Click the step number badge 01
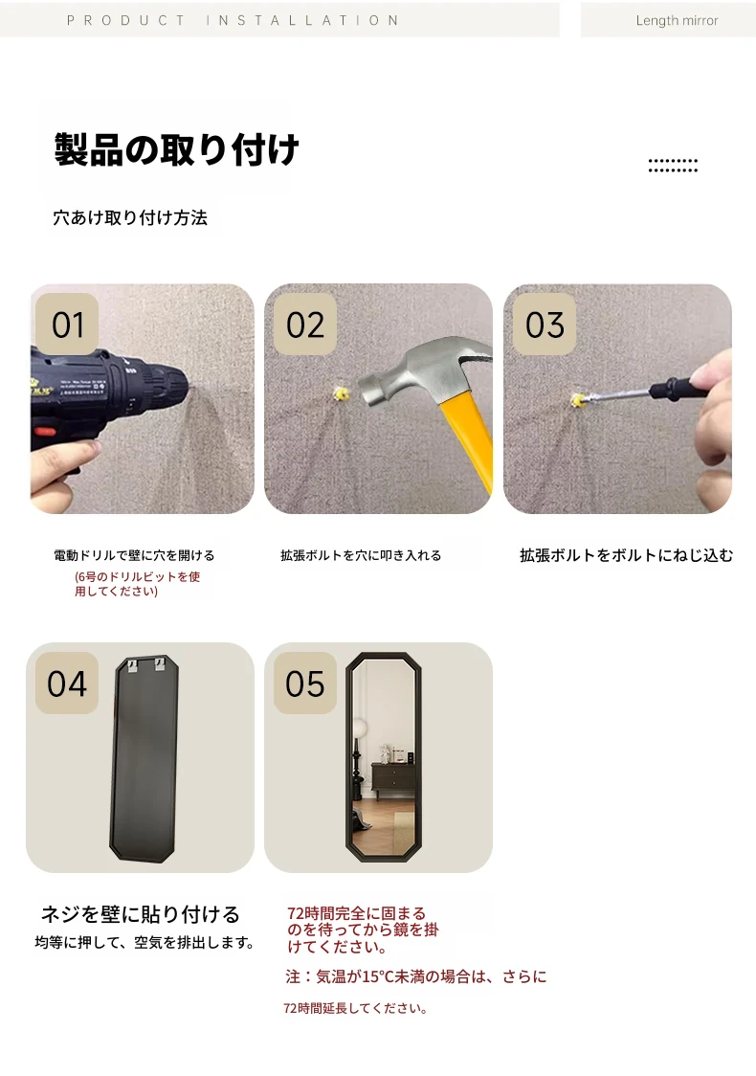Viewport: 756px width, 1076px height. tap(67, 324)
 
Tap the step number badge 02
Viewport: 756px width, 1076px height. tap(305, 324)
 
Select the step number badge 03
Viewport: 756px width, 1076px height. tap(545, 324)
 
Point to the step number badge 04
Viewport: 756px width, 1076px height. tap(67, 683)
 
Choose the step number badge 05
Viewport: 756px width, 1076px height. tap(305, 683)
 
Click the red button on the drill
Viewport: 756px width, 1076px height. tap(46, 433)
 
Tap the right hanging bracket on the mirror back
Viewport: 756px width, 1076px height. tap(160, 664)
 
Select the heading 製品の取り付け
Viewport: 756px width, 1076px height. tap(176, 149)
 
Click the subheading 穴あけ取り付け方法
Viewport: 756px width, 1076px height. tap(130, 217)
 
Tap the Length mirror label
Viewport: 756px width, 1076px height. tap(678, 21)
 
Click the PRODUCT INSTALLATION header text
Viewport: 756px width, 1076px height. tap(233, 21)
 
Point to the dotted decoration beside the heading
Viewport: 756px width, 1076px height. tap(673, 166)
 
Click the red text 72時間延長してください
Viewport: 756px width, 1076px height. tap(355, 1008)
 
